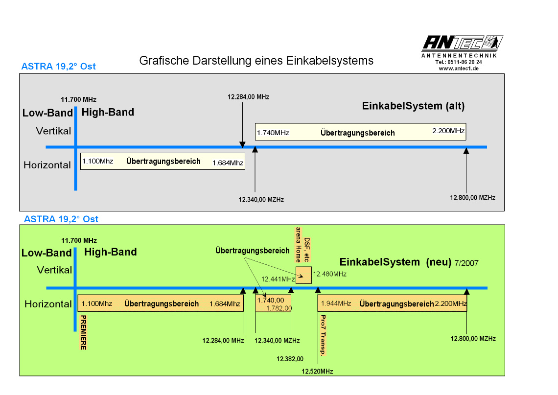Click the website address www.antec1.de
tap(458, 69)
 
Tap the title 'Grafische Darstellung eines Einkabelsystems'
tap(256, 61)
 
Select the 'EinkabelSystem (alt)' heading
tap(413, 106)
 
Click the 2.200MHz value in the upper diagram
tap(448, 131)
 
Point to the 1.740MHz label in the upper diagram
tap(273, 132)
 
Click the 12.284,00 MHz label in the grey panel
tap(248, 97)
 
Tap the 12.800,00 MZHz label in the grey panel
tap(472, 198)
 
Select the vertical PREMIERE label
tap(84, 332)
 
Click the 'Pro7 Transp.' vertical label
tap(323, 335)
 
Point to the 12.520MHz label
tap(317, 372)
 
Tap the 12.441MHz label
tap(278, 279)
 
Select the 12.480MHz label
tap(329, 274)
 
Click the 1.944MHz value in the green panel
tap(336, 303)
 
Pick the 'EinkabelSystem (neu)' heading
tap(395, 262)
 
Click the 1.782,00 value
tap(279, 308)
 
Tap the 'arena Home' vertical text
tap(298, 245)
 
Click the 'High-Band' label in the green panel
tap(110, 252)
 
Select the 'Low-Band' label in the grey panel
tap(47, 113)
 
